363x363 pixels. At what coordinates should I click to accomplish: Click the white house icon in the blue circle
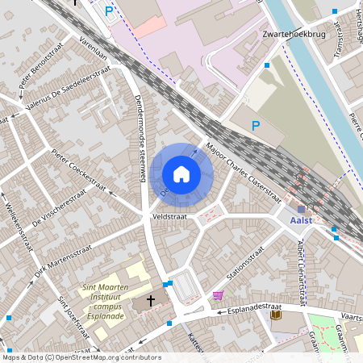pos(181,173)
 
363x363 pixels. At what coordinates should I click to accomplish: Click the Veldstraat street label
pos(168,217)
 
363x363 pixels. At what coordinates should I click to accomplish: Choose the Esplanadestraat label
pos(253,307)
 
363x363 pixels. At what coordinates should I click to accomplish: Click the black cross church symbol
pos(151,300)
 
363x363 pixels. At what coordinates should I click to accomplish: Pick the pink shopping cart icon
pos(217,296)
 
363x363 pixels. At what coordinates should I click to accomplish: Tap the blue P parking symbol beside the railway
pos(256,125)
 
